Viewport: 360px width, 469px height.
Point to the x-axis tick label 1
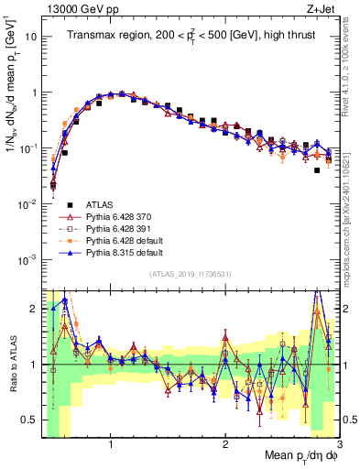111,444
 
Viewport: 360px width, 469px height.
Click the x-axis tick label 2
225,444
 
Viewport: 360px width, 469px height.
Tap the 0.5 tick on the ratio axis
31,420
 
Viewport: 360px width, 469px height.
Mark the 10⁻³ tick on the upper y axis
28,259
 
